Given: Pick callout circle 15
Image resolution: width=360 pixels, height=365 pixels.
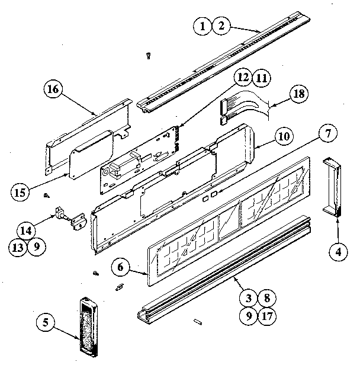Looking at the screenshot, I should tap(20, 192).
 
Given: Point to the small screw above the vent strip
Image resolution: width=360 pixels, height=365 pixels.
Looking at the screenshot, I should tap(147, 55).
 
